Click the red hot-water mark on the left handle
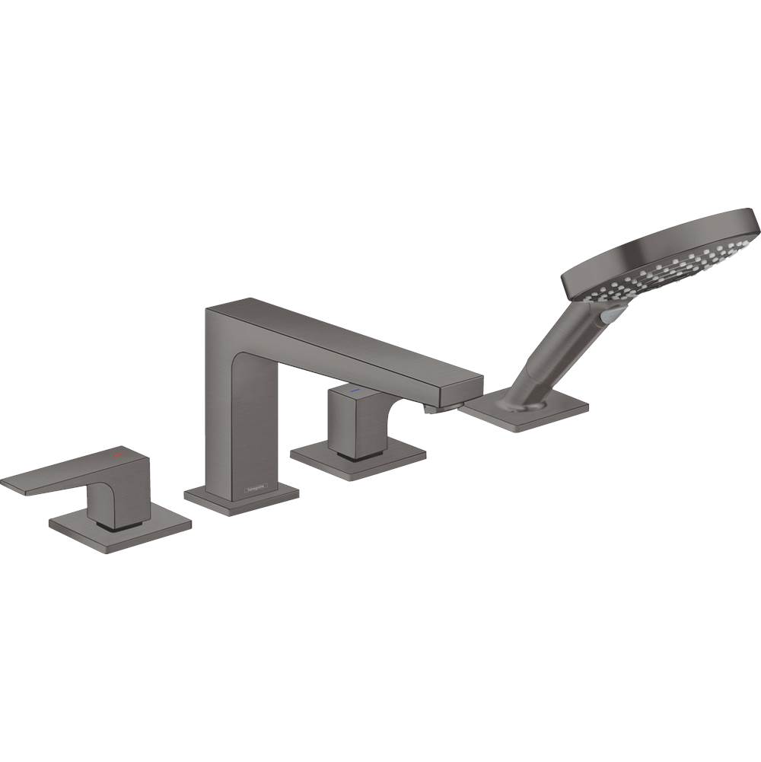[117, 455]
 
